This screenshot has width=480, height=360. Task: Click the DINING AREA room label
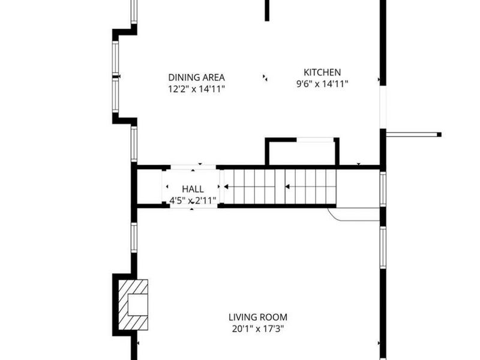[197, 77]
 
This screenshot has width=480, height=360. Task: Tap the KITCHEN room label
[322, 72]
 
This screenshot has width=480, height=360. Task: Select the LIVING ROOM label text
[258, 317]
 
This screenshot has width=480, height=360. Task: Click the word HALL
[193, 189]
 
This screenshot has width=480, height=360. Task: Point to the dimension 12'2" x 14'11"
[197, 89]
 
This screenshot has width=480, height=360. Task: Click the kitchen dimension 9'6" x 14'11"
[322, 83]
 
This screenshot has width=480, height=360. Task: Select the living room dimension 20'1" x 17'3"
[258, 329]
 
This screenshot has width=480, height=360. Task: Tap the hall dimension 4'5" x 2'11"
[193, 201]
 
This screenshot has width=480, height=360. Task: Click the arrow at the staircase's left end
[226, 187]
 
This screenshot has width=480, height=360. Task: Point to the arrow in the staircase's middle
[287, 187]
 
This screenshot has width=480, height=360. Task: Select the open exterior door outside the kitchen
[413, 134]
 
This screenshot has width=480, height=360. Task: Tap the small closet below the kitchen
[302, 152]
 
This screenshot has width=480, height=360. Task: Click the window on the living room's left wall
[134, 238]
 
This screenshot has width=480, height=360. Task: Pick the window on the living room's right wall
[383, 247]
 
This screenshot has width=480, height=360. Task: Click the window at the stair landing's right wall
[383, 189]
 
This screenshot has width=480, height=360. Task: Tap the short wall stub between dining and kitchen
[267, 10]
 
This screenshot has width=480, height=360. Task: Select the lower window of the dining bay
[115, 95]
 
